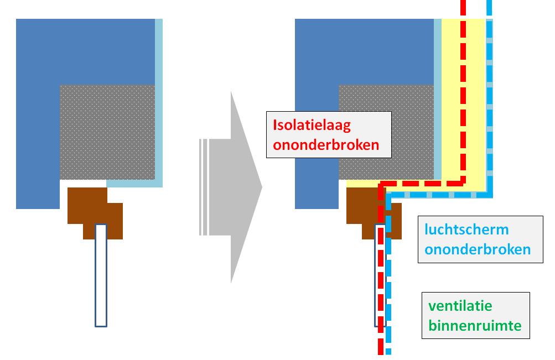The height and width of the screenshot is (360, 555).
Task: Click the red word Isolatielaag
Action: [312, 125]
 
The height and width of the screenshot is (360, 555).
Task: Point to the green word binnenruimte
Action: [474, 325]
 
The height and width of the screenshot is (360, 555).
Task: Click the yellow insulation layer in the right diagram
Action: [476, 111]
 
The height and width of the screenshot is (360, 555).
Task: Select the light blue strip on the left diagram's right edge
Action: [159, 100]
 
